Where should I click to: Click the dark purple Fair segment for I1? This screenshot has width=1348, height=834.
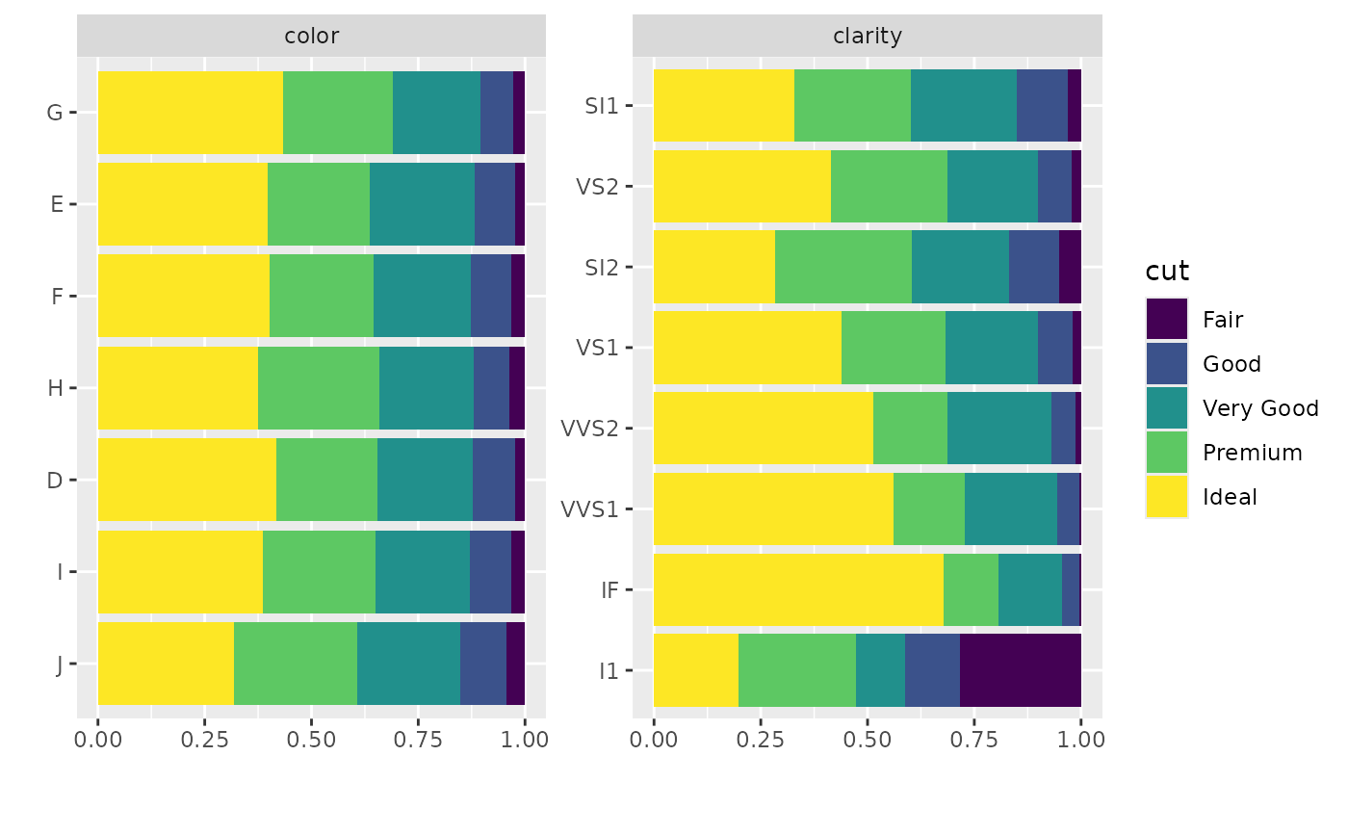[1021, 669]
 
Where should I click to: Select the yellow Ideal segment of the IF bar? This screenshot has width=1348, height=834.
[798, 588]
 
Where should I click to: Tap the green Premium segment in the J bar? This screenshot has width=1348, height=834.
[296, 663]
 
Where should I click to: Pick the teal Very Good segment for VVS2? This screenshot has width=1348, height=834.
[999, 427]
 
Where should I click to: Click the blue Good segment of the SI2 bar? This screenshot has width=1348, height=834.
[1034, 266]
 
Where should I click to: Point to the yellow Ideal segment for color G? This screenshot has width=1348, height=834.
[191, 112]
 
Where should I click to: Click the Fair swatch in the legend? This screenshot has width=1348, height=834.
[1166, 319]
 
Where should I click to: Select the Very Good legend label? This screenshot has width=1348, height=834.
[1260, 408]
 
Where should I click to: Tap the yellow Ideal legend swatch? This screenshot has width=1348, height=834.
[1166, 496]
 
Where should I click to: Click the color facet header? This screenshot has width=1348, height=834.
[311, 37]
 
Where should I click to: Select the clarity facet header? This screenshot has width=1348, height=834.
[867, 37]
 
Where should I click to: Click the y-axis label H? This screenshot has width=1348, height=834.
[55, 388]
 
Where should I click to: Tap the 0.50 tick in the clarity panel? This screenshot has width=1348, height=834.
[867, 740]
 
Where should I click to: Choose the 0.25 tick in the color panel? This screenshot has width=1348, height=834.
[204, 740]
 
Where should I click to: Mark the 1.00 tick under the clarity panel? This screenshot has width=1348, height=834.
[1080, 740]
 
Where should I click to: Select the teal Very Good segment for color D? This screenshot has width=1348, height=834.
[425, 480]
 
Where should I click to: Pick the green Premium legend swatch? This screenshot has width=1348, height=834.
[1166, 452]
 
